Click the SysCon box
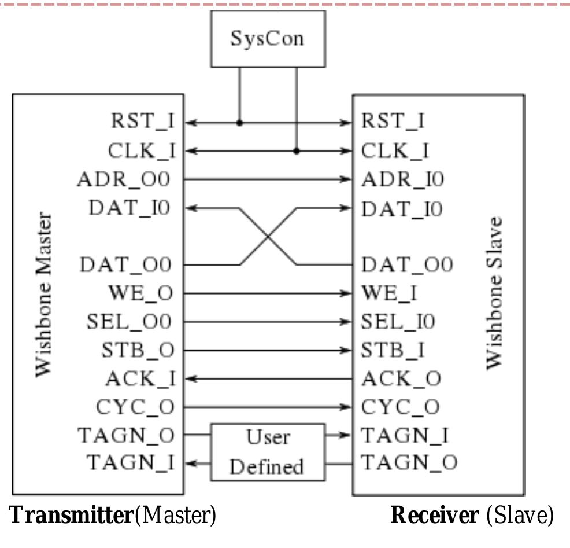pos(267,39)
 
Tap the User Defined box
pos(267,452)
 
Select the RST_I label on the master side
pos(142,122)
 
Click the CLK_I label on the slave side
pos(395,150)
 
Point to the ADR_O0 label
pos(124,179)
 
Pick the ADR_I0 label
pos(402,179)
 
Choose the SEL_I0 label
pos(398,322)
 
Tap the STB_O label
pos(138,350)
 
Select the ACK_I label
pos(140,379)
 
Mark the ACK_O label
pos(401,379)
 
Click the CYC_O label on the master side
pos(135,407)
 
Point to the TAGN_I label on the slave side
pos(405,435)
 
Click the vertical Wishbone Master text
pos(43,295)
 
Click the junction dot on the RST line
pos(239,123)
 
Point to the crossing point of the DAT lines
pos(268,237)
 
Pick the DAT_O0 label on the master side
pos(125,265)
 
